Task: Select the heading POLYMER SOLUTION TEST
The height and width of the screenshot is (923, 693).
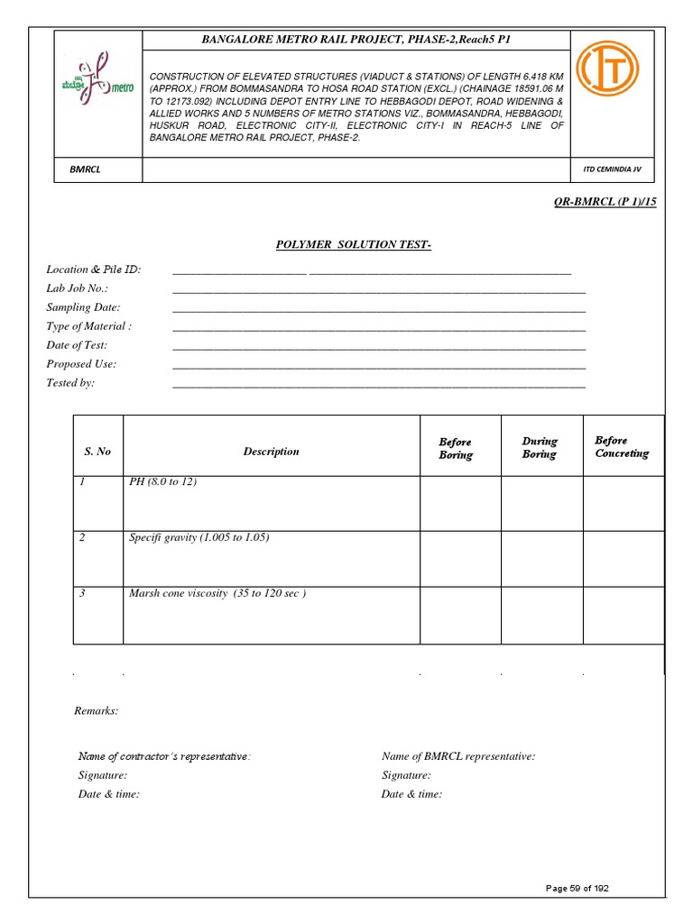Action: click(346, 245)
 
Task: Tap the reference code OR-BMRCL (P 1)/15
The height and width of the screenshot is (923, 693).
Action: click(605, 201)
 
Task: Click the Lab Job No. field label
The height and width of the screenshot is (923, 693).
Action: click(78, 288)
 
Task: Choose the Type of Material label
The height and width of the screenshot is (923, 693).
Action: click(88, 326)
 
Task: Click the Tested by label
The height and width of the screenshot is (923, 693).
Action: click(70, 383)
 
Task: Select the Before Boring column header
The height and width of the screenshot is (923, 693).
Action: click(456, 448)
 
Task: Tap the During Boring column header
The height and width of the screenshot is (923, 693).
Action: click(540, 447)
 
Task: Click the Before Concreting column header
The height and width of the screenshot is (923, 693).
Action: click(621, 447)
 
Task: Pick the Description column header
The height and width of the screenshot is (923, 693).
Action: click(271, 452)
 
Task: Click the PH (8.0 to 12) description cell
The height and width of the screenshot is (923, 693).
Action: click(162, 482)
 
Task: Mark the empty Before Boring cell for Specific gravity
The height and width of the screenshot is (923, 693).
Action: click(460, 559)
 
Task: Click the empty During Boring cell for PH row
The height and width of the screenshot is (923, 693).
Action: click(541, 503)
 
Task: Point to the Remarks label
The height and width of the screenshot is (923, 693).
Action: click(96, 711)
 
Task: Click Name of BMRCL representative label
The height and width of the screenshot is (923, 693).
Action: click(457, 757)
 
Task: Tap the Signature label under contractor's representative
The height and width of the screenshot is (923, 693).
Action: click(103, 775)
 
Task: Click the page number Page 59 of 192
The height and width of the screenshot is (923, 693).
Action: click(577, 889)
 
